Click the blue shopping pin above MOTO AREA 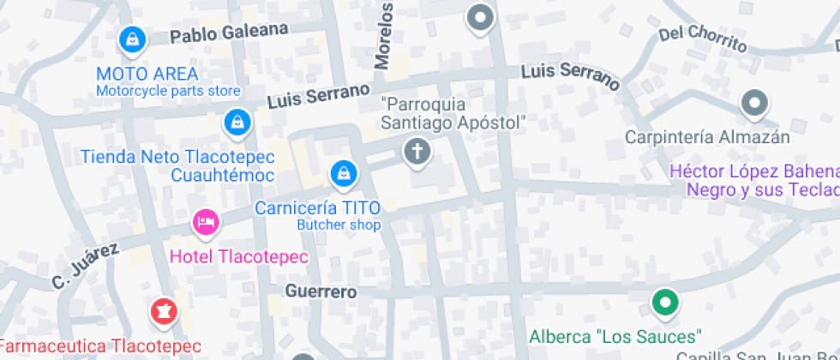coord(132,39)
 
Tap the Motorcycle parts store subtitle coord(168,91)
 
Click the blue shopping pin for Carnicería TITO coord(343,173)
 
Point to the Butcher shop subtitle coord(339,225)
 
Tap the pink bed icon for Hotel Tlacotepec coord(205,223)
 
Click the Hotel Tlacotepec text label coord(238,256)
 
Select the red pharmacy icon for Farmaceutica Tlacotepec coord(160,312)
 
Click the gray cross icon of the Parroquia coord(417,153)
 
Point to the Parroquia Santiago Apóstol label coord(452,114)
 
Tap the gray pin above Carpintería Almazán coord(754,104)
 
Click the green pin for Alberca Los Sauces coord(664,302)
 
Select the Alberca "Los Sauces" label coord(615,335)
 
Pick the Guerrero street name coord(321,291)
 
